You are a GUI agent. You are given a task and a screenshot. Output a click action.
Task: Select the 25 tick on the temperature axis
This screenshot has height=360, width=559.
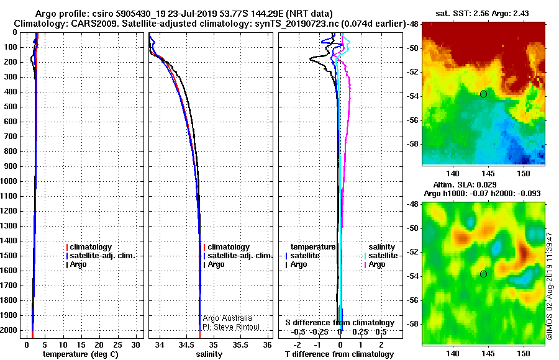pyautogui.click(x=117, y=345)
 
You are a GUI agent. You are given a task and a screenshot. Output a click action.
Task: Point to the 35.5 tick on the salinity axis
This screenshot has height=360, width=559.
pyautogui.click(x=240, y=345)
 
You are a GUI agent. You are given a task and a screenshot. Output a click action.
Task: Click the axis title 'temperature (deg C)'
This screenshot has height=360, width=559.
pyautogui.click(x=81, y=354)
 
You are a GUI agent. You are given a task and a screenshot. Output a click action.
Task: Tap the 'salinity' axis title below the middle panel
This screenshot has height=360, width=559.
pyautogui.click(x=209, y=354)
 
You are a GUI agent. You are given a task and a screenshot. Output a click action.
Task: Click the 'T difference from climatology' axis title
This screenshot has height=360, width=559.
pyautogui.click(x=340, y=354)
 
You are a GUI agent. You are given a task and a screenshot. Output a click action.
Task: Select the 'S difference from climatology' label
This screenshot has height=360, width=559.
pyautogui.click(x=340, y=323)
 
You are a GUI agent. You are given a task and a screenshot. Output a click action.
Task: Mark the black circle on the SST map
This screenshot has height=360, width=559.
pyautogui.click(x=483, y=94)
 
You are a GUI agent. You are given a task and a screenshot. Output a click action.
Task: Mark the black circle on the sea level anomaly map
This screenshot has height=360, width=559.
pyautogui.click(x=483, y=274)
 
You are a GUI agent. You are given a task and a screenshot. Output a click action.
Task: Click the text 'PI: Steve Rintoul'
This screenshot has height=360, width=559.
pyautogui.click(x=231, y=327)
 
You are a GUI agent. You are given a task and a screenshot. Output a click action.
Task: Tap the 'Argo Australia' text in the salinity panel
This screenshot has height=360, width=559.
pyautogui.click(x=227, y=318)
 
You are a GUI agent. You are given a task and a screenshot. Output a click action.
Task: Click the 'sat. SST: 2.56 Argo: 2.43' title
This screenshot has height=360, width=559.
pyautogui.click(x=483, y=14)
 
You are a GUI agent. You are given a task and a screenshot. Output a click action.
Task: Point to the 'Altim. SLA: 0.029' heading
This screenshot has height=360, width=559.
pyautogui.click(x=465, y=184)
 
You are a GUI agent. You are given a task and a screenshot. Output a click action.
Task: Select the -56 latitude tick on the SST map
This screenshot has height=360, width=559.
pyautogui.click(x=414, y=120)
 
